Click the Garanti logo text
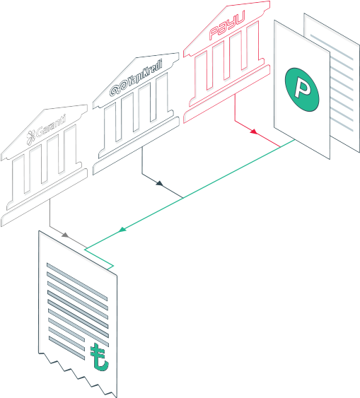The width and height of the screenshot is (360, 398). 51,127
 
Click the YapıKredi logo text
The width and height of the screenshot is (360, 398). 144,74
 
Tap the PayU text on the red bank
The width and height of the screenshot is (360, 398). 227,25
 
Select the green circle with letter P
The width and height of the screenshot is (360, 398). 302,90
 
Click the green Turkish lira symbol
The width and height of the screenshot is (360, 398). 99,357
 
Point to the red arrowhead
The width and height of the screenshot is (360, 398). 254,131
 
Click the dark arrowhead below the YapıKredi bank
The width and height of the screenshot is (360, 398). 159,183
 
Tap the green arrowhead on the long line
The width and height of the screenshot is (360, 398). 122,230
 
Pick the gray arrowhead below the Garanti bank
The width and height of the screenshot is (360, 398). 65,235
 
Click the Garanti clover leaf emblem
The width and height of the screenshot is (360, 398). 31,137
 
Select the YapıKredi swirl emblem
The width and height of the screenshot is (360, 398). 118,88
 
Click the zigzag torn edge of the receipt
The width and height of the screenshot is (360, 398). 78,375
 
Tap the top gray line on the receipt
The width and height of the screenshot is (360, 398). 77,282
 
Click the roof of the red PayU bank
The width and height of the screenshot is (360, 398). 227,28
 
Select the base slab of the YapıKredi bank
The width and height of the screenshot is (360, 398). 136,146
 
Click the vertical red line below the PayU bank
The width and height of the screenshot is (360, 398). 235,107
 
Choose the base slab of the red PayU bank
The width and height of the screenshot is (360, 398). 227,94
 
